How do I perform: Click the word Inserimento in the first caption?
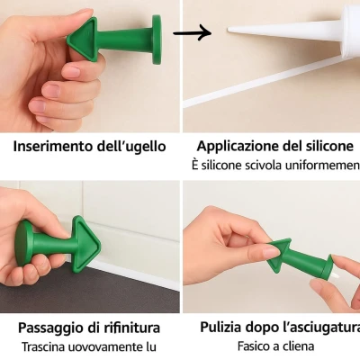[x=51, y=147]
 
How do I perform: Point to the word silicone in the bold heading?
[x=328, y=147]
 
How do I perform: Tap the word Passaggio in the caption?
[x=50, y=328]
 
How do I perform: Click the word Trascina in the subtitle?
[x=49, y=346]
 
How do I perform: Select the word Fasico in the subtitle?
[x=255, y=346]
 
